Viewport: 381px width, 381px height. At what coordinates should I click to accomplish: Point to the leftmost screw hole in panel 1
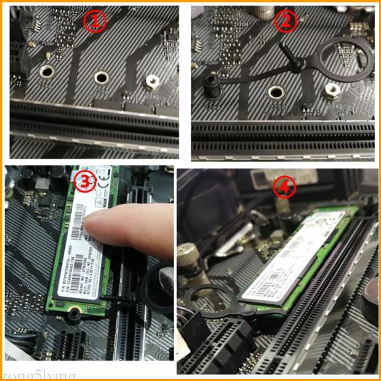click(46, 72)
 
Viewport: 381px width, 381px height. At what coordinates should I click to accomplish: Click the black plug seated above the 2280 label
click(210, 85)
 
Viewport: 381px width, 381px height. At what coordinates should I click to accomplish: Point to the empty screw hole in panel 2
click(275, 92)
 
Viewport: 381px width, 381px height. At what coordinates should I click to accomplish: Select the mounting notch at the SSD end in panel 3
click(72, 314)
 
